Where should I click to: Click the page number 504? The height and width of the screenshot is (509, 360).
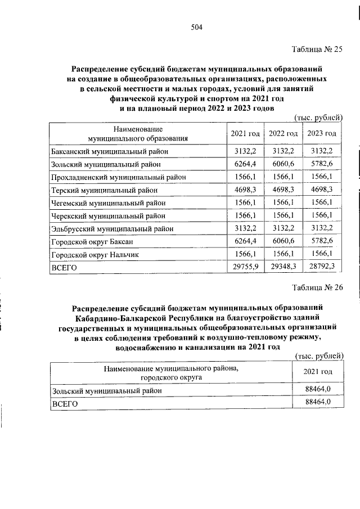click(196, 28)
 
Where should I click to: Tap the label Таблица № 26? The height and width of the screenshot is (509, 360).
click(318, 289)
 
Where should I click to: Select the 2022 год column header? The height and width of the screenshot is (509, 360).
click(283, 133)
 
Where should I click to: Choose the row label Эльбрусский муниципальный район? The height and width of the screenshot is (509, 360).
click(112, 229)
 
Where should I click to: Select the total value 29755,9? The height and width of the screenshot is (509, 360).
click(245, 268)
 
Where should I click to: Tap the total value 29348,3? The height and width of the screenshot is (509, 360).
click(283, 268)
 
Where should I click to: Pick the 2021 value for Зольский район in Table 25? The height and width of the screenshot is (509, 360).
click(245, 164)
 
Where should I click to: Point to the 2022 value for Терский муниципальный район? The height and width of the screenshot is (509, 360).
click(283, 190)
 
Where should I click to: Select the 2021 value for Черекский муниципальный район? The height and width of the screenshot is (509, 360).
click(245, 216)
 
